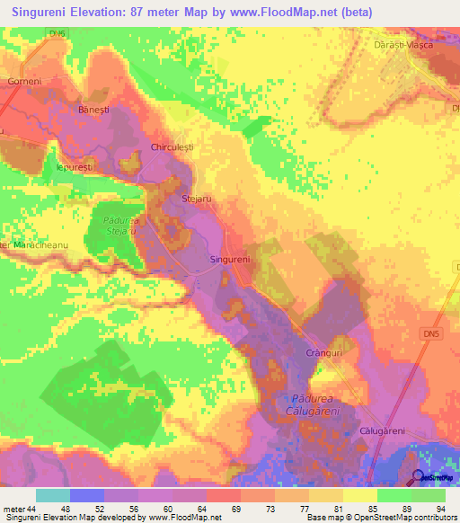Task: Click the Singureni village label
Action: (x=229, y=259)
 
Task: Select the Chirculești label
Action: (x=172, y=146)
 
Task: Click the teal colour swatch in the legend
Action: (x=53, y=495)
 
